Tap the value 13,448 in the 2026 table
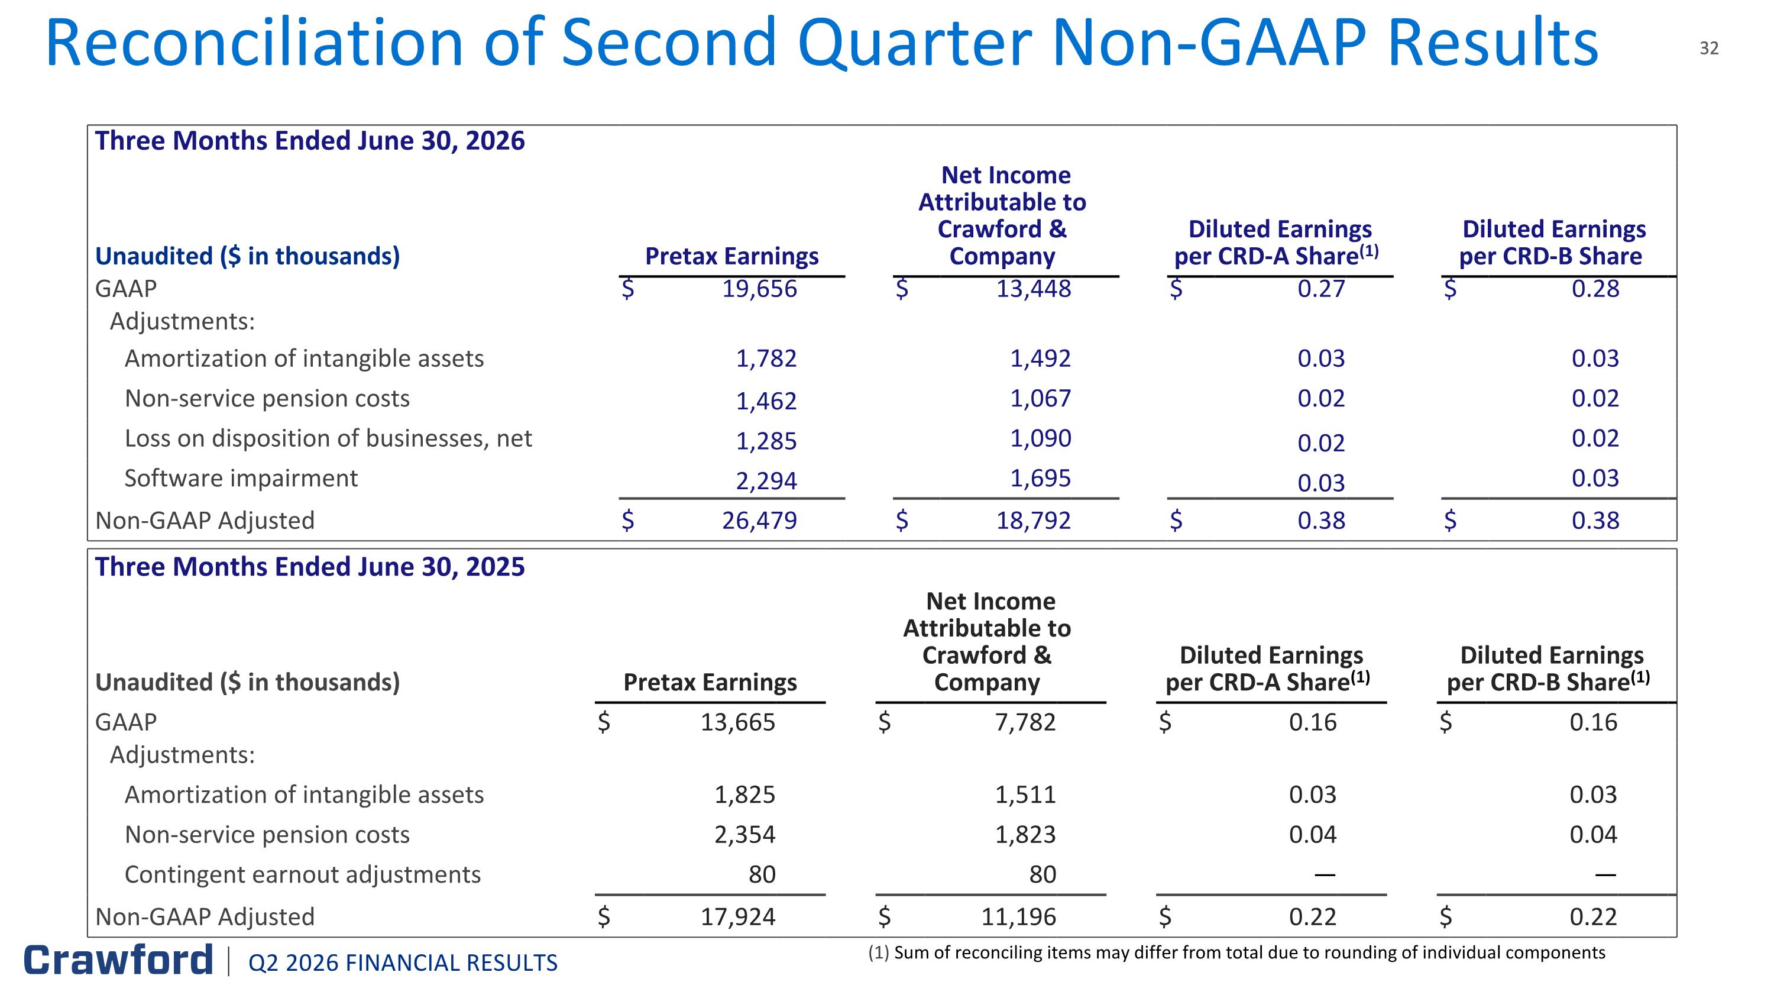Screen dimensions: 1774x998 (x=1034, y=289)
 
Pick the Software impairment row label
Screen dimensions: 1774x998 (x=241, y=478)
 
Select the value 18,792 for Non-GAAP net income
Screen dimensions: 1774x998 (x=1034, y=520)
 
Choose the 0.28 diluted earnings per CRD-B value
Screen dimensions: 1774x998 (x=1595, y=289)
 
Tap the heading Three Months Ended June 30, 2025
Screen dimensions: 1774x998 (x=310, y=567)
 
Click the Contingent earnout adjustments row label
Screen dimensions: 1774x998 (x=302, y=875)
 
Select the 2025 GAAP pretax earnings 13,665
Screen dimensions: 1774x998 (x=737, y=722)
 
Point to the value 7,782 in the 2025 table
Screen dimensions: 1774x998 (x=1025, y=722)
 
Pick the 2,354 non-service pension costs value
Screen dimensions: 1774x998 (x=744, y=835)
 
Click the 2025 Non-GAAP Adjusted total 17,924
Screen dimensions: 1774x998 (x=737, y=917)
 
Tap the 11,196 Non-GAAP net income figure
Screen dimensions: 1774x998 (x=1018, y=917)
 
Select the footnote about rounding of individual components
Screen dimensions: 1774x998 (x=1236, y=952)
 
